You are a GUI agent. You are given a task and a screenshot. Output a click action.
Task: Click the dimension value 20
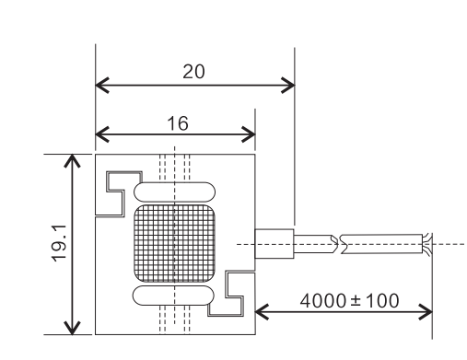tap(193, 72)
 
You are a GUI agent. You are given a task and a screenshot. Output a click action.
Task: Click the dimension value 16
tap(178, 123)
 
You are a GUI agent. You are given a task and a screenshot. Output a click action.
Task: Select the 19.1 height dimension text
tap(59, 243)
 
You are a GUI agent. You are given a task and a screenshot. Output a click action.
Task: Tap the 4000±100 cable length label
tap(349, 300)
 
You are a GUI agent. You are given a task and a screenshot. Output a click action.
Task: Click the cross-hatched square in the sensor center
tap(174, 243)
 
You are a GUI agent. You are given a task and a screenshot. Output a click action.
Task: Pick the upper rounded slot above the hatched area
tap(174, 192)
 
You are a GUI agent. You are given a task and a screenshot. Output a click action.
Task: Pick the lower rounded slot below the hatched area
tap(173, 296)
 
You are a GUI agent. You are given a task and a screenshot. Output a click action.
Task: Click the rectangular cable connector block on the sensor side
tap(274, 244)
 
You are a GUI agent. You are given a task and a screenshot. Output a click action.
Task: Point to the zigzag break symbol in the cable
tap(338, 244)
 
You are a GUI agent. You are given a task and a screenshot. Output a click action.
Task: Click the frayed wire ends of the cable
tap(426, 244)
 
